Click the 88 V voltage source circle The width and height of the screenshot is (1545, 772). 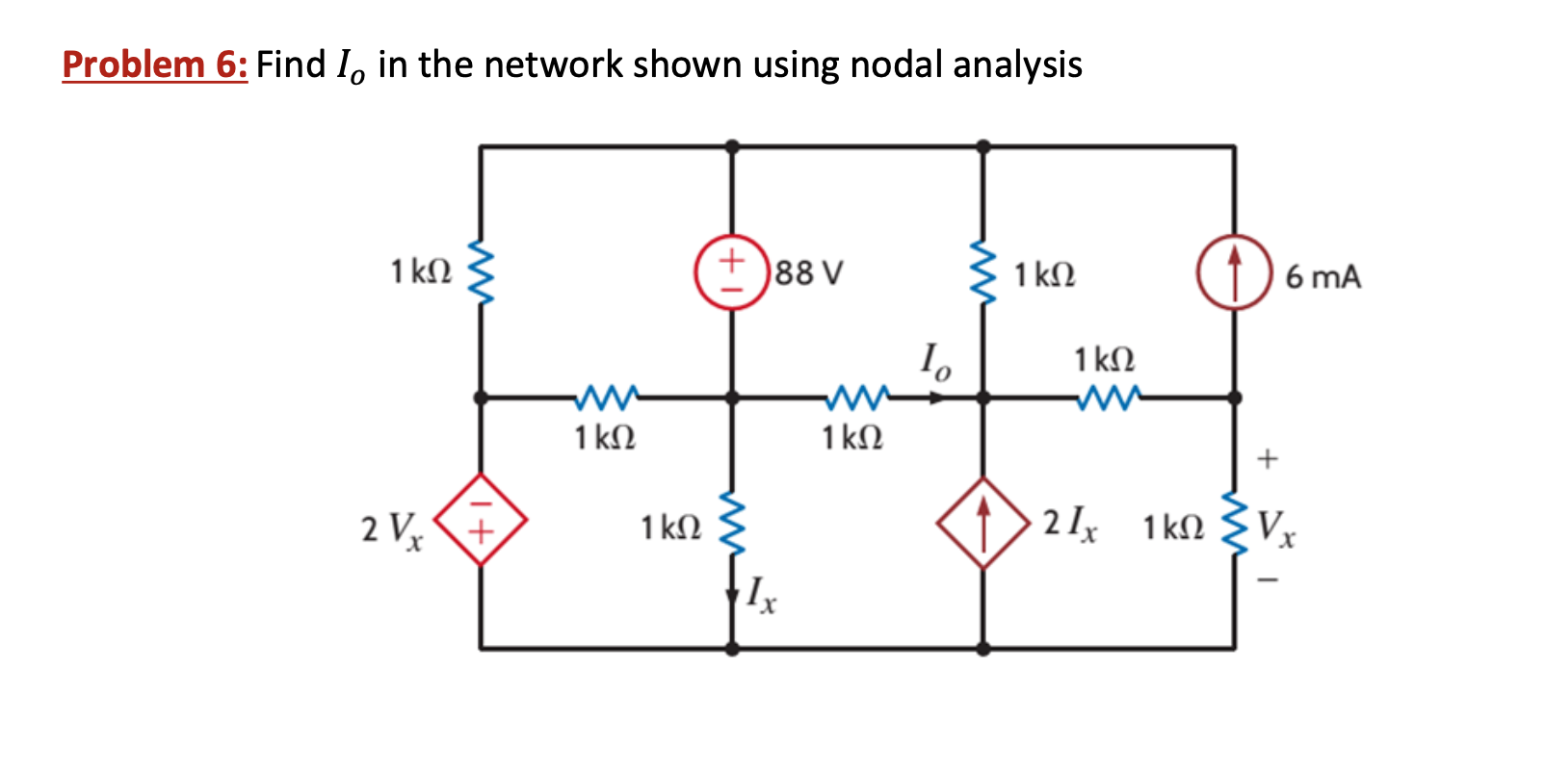(732, 272)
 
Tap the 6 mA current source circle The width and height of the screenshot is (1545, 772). (1234, 272)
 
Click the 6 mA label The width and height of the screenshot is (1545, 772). (1322, 277)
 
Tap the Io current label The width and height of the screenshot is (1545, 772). (933, 361)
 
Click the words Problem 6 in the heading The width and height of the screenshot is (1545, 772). (154, 64)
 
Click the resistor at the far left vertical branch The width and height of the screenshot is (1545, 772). (481, 272)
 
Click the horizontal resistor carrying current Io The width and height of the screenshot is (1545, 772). (857, 396)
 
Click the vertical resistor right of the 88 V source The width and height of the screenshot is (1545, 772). (982, 272)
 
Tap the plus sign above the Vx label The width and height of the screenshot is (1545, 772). (1268, 459)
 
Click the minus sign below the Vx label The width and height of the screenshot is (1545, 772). (1269, 580)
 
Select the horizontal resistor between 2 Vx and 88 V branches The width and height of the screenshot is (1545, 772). (606, 396)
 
